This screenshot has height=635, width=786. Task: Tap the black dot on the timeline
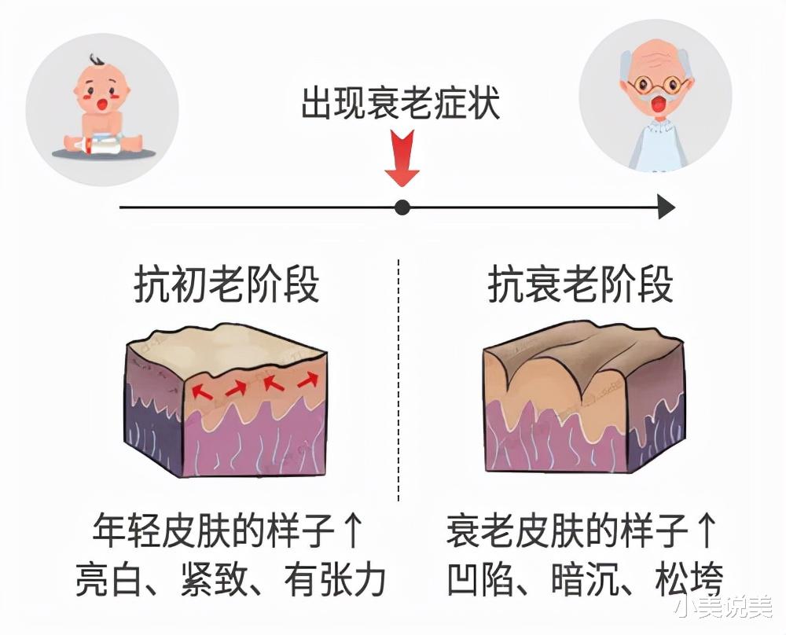pos(402,208)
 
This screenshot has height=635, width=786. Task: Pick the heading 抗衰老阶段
pos(581,284)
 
